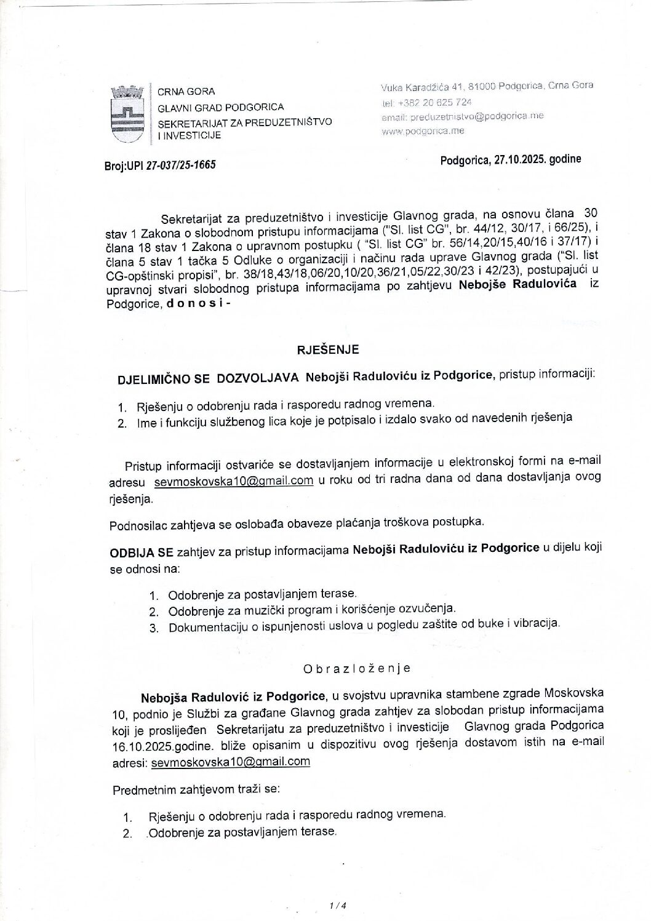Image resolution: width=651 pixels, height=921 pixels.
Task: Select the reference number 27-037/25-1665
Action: (180, 165)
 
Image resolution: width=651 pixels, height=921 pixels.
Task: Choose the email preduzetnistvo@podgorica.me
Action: (462, 116)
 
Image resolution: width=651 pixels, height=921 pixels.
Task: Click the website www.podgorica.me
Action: (423, 130)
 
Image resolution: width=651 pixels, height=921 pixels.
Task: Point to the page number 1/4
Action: (338, 905)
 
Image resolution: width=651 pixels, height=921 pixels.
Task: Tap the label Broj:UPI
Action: (124, 165)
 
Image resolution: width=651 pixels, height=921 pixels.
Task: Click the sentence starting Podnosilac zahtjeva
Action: (297, 524)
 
